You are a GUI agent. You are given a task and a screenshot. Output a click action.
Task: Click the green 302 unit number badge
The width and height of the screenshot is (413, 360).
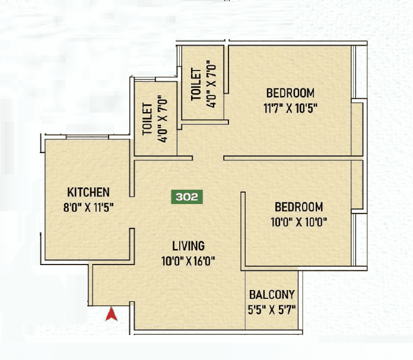pyautogui.click(x=187, y=197)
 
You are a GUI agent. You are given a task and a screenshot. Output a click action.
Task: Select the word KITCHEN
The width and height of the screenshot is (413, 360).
pyautogui.click(x=88, y=192)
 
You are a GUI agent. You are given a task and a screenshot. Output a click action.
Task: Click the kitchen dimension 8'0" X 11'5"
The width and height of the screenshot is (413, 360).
pyautogui.click(x=88, y=208)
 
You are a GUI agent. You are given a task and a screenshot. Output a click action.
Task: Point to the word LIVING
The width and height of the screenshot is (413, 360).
pyautogui.click(x=188, y=246)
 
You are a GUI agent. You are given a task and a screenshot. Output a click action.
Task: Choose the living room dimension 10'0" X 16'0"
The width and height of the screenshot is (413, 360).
pyautogui.click(x=188, y=260)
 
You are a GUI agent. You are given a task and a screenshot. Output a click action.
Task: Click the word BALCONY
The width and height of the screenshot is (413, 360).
pyautogui.click(x=272, y=295)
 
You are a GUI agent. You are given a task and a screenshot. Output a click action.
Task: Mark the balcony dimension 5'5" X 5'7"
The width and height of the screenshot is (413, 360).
pyautogui.click(x=272, y=309)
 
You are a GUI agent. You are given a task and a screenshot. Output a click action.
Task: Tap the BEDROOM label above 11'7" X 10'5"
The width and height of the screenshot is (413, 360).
pyautogui.click(x=290, y=93)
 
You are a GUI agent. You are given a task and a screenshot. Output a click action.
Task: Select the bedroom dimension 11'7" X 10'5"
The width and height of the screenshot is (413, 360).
pyautogui.click(x=290, y=108)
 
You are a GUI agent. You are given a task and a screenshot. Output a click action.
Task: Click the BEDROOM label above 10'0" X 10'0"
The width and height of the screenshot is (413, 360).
pyautogui.click(x=298, y=207)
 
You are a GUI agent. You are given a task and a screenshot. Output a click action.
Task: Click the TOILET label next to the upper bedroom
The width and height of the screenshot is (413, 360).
pyautogui.click(x=195, y=85)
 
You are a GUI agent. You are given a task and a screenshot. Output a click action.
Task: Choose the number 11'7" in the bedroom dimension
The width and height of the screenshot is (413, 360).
pyautogui.click(x=274, y=108)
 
